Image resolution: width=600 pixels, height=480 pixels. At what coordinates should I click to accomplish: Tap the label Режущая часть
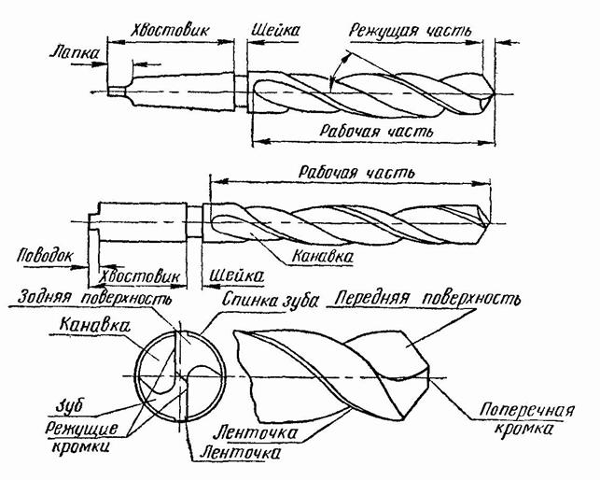(411, 30)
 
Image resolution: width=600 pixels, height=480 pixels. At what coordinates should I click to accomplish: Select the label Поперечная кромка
(513, 418)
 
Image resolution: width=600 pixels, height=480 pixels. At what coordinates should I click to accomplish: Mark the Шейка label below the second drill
(230, 275)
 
